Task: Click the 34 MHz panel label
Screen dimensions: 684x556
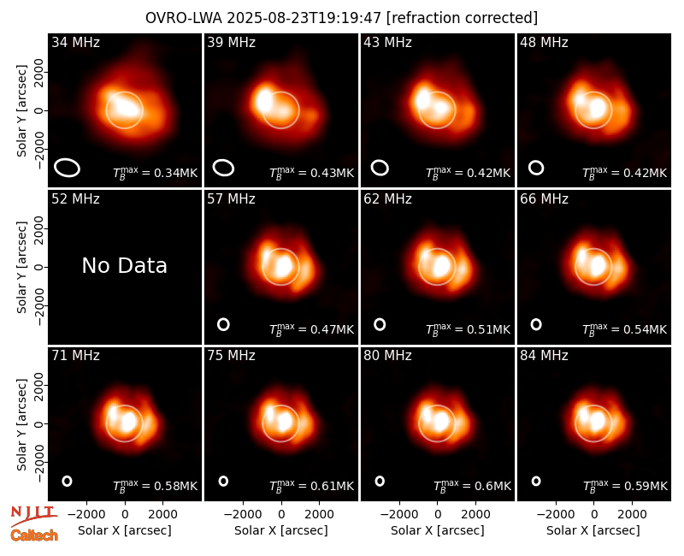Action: point(75,42)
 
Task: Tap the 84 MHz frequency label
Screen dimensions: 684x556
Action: point(544,356)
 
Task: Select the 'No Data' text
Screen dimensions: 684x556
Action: point(124,266)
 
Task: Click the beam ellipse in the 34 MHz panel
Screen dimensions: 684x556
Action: point(67,168)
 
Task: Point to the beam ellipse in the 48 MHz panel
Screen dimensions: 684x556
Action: point(536,168)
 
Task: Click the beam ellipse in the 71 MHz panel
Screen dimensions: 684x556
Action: point(67,481)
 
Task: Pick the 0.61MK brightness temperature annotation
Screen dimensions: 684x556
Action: point(311,486)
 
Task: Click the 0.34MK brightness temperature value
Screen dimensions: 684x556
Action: point(156,173)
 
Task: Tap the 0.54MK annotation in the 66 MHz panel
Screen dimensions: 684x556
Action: point(625,329)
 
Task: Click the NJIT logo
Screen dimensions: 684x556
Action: point(33,516)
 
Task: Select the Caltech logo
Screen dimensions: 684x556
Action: point(34,535)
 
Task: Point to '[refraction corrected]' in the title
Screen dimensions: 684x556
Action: point(462,18)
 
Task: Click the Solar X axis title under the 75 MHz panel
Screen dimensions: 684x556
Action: point(281,530)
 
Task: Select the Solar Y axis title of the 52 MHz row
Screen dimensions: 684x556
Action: point(21,267)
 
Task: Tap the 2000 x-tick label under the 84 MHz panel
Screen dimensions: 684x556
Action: point(632,515)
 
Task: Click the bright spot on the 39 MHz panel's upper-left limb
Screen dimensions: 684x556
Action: point(263,99)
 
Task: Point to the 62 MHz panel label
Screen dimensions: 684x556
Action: point(388,199)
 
